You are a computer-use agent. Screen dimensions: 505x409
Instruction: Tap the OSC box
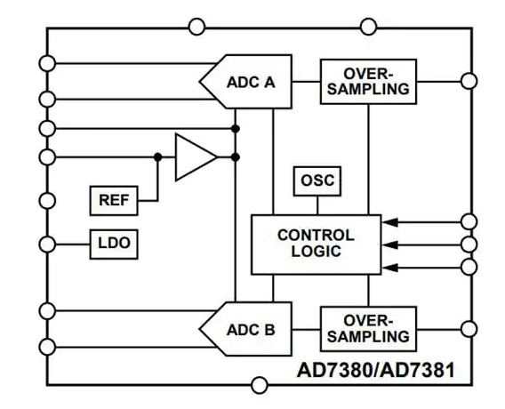tap(317, 181)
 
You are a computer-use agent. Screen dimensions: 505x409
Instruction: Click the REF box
tap(114, 200)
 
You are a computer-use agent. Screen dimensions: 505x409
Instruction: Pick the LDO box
tap(114, 245)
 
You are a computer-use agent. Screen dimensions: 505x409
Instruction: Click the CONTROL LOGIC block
tap(316, 245)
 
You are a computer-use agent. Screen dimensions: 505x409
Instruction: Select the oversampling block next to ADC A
tap(368, 82)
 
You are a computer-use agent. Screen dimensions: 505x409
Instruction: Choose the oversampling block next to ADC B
tap(368, 329)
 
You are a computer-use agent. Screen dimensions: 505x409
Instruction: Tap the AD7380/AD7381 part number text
tap(375, 370)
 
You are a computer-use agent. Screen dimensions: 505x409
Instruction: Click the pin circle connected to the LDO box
tap(47, 245)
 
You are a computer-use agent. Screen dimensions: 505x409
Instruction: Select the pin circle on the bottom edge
tap(260, 385)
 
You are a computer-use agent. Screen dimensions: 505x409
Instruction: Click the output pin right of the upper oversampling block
tap(469, 81)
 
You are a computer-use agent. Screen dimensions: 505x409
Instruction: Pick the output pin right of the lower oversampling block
tap(469, 329)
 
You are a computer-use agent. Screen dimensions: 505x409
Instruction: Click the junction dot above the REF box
tap(158, 157)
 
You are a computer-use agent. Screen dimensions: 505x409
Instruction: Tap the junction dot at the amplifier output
tap(236, 157)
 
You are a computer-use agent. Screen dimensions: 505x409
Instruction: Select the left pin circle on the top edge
tap(196, 27)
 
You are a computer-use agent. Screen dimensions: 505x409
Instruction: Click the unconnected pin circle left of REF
tap(47, 201)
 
